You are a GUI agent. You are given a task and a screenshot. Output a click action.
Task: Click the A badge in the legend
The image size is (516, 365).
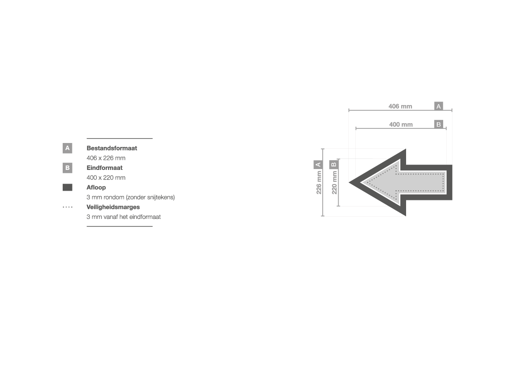pos(68,148)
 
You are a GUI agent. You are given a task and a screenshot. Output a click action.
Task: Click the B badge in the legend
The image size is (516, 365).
pos(68,168)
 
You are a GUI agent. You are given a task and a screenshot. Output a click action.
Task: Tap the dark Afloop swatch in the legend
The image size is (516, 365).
pos(68,188)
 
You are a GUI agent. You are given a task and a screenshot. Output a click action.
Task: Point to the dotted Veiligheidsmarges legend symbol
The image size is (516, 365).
pos(68,207)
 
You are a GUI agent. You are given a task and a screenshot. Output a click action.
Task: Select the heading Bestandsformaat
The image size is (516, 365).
pos(112,148)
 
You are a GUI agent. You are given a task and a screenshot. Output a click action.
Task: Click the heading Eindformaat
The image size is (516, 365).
pos(105,168)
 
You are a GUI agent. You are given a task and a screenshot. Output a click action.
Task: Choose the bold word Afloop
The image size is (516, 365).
pos(96,188)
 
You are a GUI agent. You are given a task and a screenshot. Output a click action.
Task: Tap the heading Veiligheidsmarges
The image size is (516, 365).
pos(113,207)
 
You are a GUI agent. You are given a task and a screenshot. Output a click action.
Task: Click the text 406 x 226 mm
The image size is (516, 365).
pos(106,158)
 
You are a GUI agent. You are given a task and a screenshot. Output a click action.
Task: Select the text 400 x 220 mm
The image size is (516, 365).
pos(106,178)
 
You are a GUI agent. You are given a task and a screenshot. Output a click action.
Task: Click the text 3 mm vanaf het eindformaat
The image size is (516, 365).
pos(124,217)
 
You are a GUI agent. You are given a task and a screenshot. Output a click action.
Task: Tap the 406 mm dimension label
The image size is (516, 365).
pos(400,106)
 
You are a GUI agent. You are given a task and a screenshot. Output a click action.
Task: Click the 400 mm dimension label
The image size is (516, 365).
pos(401,124)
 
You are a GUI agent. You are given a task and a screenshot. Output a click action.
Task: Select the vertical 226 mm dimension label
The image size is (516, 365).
pos(319,182)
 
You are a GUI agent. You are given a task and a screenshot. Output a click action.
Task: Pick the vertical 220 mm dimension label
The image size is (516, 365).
pos(334,182)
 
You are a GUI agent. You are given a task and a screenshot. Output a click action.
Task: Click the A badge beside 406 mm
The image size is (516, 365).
pos(439,106)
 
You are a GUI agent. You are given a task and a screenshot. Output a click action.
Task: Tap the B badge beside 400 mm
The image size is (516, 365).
pos(439,124)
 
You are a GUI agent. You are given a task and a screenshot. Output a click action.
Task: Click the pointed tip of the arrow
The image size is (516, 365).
pos(349,182)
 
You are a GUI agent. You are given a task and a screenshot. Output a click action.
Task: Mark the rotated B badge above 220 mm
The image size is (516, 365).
pos(334,164)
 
